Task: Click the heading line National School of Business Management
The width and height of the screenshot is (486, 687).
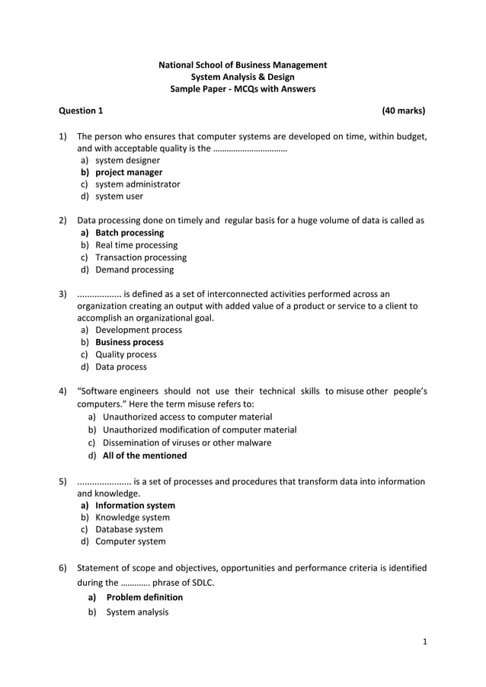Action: pyautogui.click(x=242, y=65)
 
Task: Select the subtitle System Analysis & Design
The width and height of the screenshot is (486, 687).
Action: pyautogui.click(x=242, y=77)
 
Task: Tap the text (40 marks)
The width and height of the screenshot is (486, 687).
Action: pyautogui.click(x=403, y=111)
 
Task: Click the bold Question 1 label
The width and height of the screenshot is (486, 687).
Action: pyautogui.click(x=81, y=111)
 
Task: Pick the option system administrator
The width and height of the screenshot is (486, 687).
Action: pyautogui.click(x=137, y=184)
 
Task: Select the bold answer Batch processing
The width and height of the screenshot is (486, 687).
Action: pyautogui.click(x=129, y=233)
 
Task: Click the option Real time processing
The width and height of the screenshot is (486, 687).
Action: pyautogui.click(x=136, y=245)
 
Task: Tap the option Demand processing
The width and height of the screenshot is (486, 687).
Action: pyautogui.click(x=134, y=270)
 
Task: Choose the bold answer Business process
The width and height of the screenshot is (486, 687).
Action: pyautogui.click(x=129, y=343)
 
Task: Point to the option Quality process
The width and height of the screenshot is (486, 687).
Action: pyautogui.click(x=126, y=355)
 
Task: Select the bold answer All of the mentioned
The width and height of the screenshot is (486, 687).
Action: pyautogui.click(x=144, y=456)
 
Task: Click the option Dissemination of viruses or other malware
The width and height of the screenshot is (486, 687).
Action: pyautogui.click(x=187, y=443)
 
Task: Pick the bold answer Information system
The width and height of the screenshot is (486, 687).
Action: pyautogui.click(x=135, y=506)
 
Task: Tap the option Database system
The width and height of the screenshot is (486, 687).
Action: pyautogui.click(x=129, y=529)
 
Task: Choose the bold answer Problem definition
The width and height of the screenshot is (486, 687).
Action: pyautogui.click(x=144, y=598)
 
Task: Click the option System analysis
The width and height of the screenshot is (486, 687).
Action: pyautogui.click(x=137, y=612)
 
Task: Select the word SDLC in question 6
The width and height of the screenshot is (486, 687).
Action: pyautogui.click(x=199, y=583)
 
